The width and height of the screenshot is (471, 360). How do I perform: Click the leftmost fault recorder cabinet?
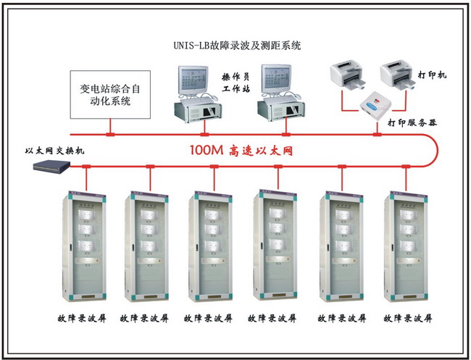pyautogui.click(x=86, y=246)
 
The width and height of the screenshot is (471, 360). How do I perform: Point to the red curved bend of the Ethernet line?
pyautogui.click(x=434, y=151)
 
